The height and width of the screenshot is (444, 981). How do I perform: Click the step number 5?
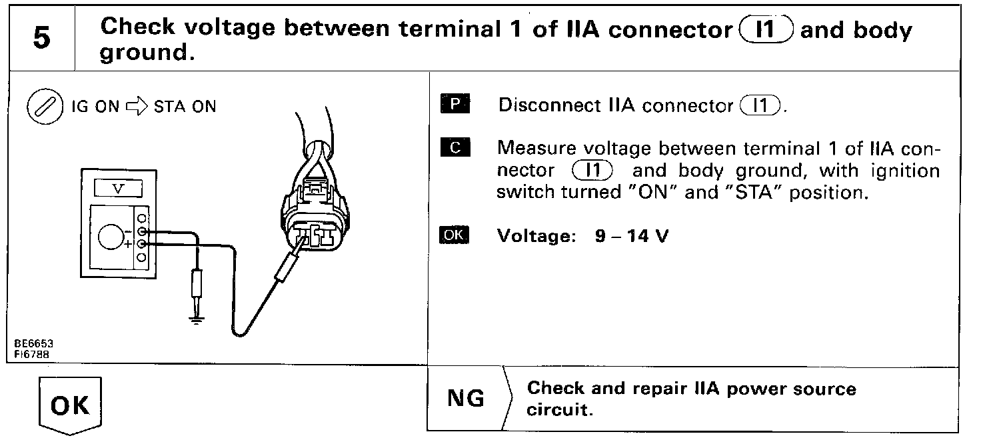tap(41, 38)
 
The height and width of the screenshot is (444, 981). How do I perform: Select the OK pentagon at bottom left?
tap(70, 405)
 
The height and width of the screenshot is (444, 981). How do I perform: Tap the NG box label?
tap(466, 399)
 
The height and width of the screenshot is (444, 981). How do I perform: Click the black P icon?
tap(455, 105)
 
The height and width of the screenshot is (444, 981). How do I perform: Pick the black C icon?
tap(455, 148)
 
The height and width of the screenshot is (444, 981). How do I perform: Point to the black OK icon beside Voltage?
tap(455, 236)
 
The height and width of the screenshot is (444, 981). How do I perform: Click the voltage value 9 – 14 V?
tap(631, 237)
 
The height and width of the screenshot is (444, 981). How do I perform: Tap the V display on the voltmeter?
tap(119, 189)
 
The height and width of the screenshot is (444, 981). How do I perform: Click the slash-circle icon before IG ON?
tap(41, 107)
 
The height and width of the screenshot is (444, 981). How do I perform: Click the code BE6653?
tap(33, 343)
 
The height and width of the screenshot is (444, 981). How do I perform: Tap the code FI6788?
tap(31, 353)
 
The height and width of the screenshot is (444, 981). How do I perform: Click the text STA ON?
tap(185, 107)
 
